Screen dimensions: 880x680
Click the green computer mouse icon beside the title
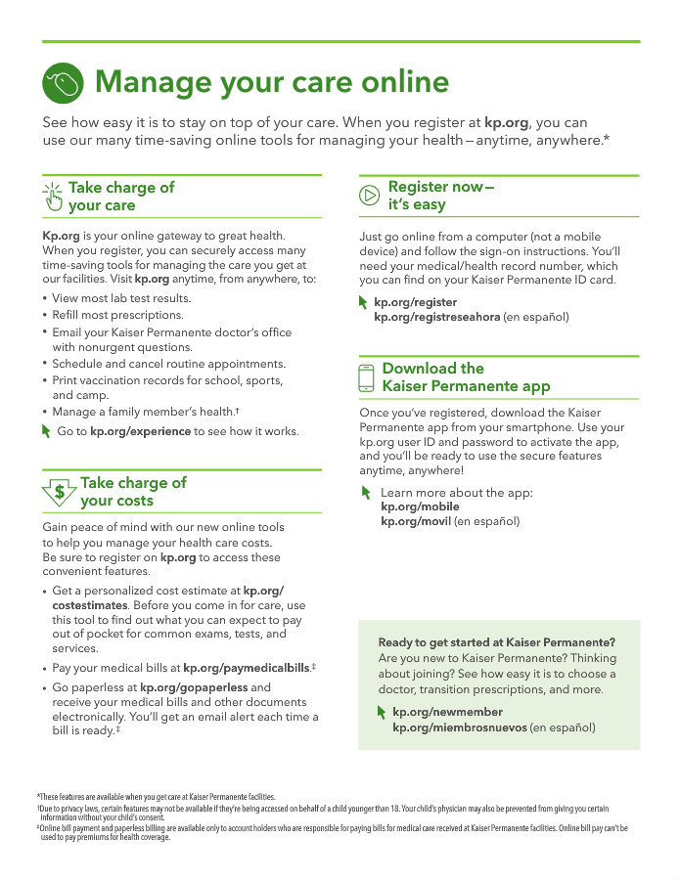click(x=64, y=82)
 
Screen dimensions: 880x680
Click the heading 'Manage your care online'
click(x=272, y=82)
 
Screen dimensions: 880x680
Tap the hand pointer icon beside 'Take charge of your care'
click(x=53, y=197)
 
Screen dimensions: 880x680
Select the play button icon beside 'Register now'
click(x=370, y=195)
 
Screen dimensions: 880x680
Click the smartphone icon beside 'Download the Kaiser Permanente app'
click(x=367, y=377)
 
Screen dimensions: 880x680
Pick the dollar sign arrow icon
click(x=59, y=492)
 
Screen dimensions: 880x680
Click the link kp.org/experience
click(x=140, y=431)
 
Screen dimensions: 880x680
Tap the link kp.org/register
click(x=415, y=302)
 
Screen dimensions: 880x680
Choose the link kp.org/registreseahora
click(x=436, y=317)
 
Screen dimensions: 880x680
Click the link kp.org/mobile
click(x=419, y=506)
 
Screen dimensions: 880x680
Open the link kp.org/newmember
click(x=433, y=713)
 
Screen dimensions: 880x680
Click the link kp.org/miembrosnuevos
click(x=459, y=727)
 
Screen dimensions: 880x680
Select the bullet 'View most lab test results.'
click(x=121, y=298)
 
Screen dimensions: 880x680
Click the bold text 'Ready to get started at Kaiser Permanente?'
click(x=496, y=642)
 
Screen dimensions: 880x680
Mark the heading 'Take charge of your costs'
click(x=133, y=492)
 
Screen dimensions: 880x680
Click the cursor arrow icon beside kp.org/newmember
click(x=382, y=714)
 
